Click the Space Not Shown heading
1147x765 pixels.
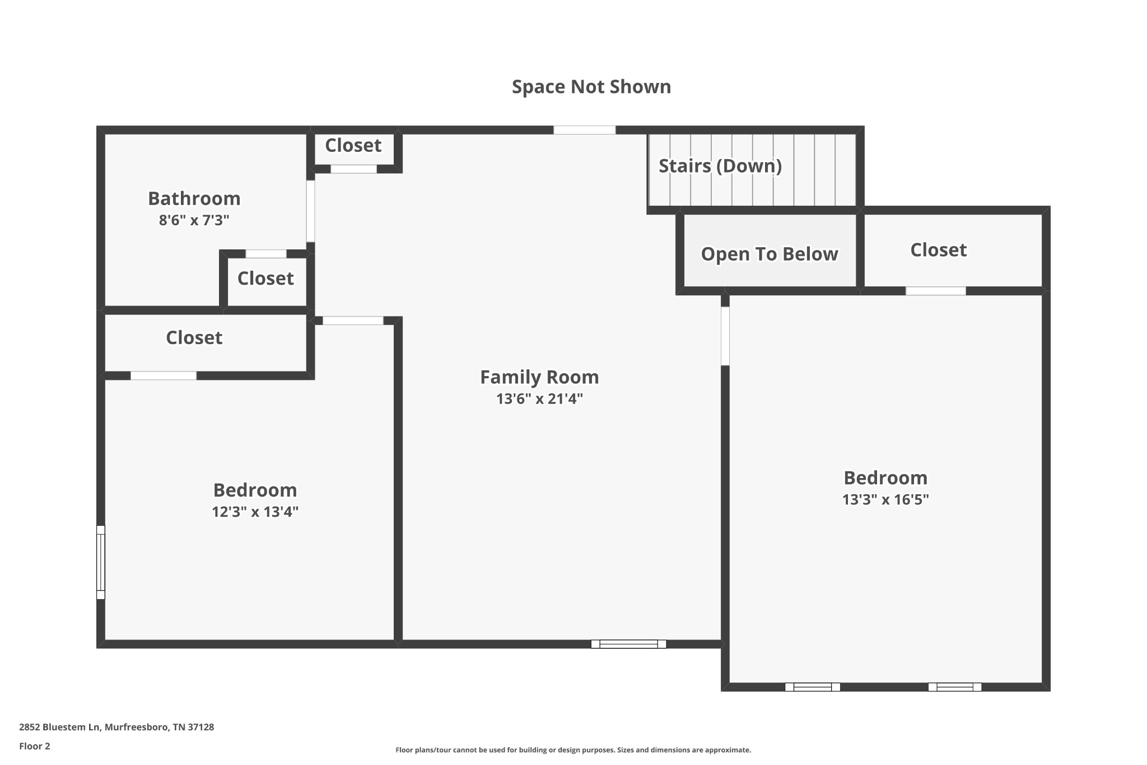[591, 87]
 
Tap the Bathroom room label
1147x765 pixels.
[194, 198]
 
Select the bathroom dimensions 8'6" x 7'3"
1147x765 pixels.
[194, 220]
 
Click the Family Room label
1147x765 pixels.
[539, 377]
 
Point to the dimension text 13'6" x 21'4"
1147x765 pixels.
[539, 399]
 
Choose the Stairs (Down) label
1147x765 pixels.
[720, 166]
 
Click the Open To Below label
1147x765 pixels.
[770, 254]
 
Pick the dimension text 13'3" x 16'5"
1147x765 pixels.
[885, 499]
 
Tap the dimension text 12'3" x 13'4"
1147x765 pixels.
[255, 512]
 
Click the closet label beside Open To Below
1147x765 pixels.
[939, 250]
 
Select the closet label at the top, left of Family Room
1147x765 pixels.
[353, 146]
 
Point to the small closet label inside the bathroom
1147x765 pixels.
[265, 279]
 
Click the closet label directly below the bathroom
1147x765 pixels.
[194, 337]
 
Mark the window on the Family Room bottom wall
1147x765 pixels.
[628, 644]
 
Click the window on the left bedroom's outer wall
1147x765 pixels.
[101, 562]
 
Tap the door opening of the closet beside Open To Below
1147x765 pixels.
[936, 291]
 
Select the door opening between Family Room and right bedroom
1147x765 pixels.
[725, 336]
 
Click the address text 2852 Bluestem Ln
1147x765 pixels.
[59, 727]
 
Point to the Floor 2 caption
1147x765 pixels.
[35, 746]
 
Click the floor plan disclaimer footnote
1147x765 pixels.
[573, 750]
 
